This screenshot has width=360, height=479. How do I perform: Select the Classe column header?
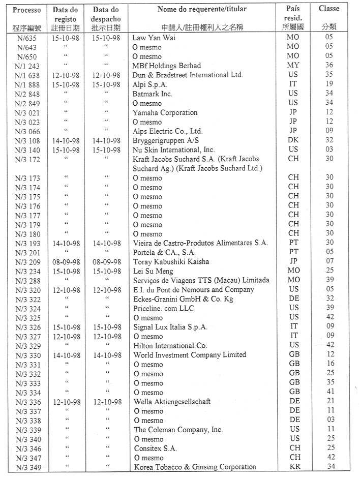point(328,9)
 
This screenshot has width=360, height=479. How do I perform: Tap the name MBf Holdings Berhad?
point(166,66)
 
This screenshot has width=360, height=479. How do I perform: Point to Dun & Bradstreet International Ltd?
point(188,75)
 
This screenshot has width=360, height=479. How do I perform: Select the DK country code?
point(293,140)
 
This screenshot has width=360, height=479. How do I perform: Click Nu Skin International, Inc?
point(174,150)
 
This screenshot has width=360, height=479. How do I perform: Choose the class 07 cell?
point(329,262)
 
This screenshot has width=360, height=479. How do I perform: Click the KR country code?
point(294,467)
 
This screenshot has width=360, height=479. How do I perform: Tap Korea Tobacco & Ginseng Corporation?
point(195,467)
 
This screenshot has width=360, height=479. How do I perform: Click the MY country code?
point(293,66)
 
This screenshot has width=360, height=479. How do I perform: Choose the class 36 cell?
point(329,66)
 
